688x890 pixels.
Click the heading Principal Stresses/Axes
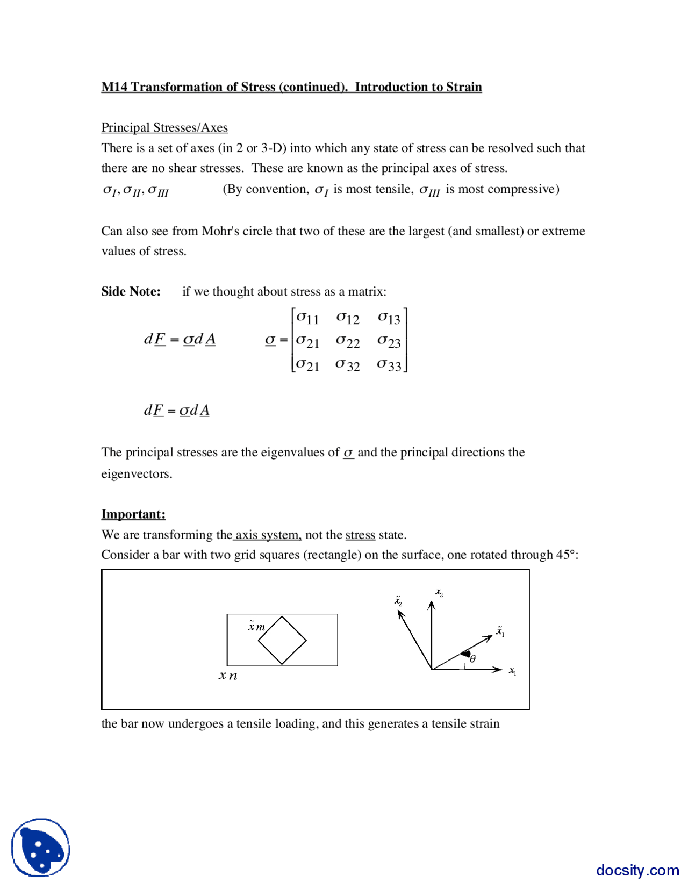[164, 127]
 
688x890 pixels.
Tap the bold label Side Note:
[131, 291]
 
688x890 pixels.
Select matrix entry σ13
[389, 318]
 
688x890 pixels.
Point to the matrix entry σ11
[307, 318]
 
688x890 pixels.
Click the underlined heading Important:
[133, 514]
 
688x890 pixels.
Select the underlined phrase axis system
[268, 535]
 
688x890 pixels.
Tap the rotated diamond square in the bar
[282, 640]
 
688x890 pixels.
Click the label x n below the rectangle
[228, 676]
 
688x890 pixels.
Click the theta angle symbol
[472, 658]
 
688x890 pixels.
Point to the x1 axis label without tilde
[513, 672]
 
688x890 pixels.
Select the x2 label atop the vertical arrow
[439, 592]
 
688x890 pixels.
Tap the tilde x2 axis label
[398, 601]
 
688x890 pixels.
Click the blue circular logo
[41, 848]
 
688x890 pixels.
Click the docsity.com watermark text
[637, 870]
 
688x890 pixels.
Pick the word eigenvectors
[137, 474]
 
